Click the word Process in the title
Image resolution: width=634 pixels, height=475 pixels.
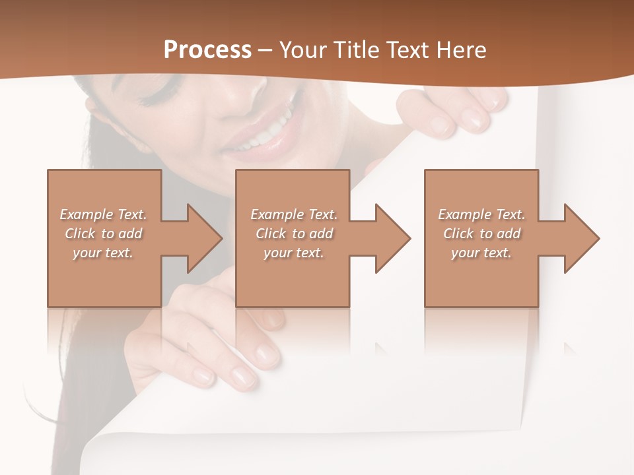207,50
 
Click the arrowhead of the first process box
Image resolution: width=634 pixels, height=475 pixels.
201,238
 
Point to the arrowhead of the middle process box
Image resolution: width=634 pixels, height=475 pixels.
390,238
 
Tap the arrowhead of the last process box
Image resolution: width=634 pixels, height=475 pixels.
579,238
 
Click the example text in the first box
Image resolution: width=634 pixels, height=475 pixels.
104,234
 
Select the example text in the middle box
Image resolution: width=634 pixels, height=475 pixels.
294,234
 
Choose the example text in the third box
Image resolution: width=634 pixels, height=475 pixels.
481,234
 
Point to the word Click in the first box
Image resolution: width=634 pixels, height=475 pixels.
80,234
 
